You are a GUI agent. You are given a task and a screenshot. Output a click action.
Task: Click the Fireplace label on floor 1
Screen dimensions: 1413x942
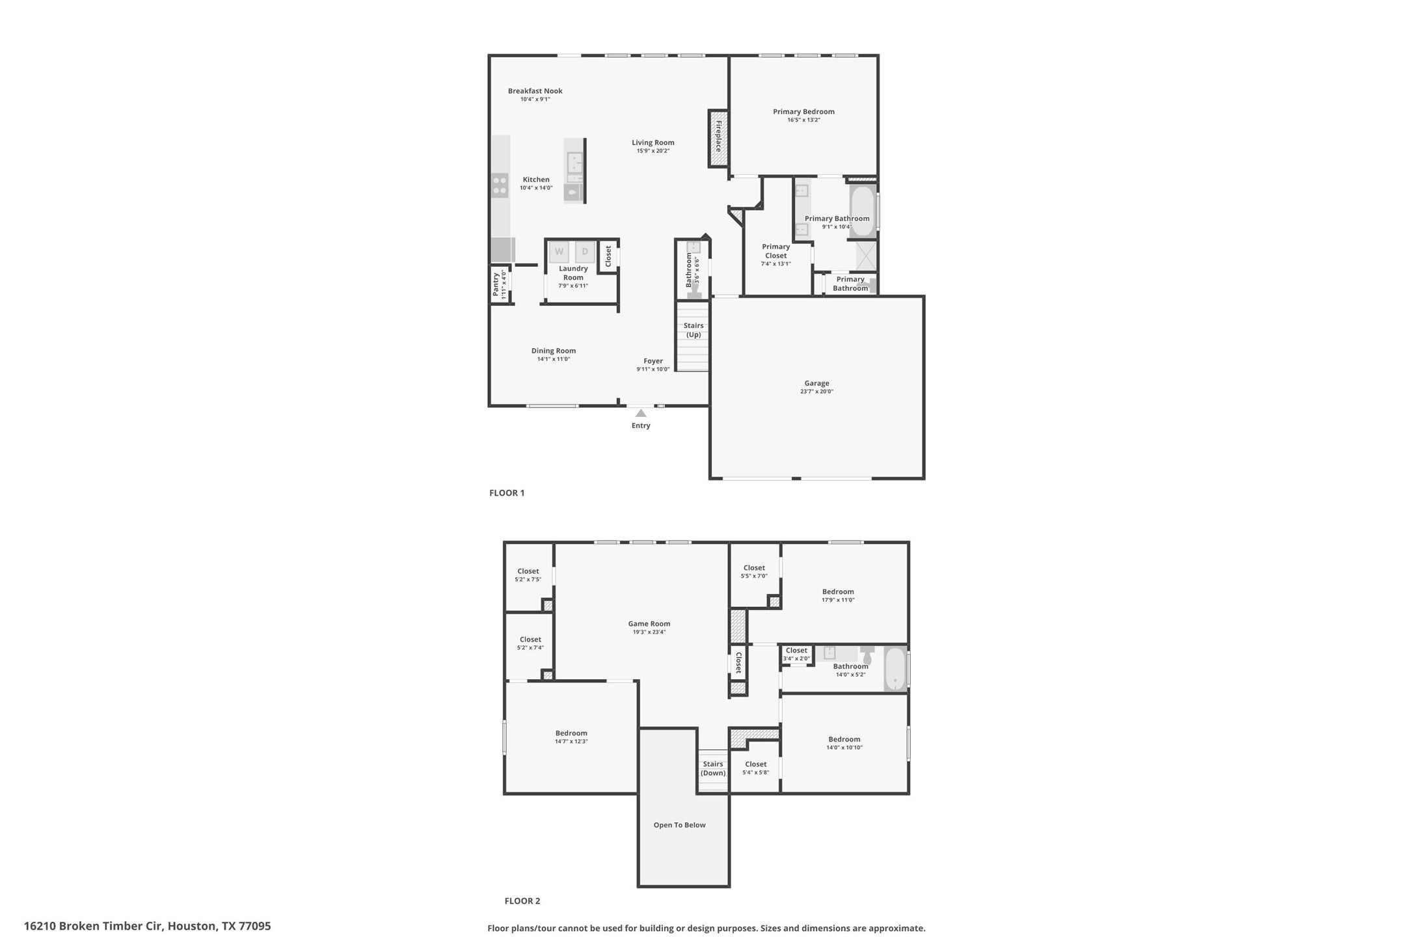click(719, 136)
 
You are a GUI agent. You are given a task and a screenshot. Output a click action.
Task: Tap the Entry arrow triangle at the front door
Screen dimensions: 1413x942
click(641, 413)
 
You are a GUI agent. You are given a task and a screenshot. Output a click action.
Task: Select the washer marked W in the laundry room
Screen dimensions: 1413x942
click(559, 252)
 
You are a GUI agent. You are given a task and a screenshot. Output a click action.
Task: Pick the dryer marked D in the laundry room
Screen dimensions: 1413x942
click(585, 252)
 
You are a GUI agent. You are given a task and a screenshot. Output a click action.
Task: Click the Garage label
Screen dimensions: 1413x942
click(816, 383)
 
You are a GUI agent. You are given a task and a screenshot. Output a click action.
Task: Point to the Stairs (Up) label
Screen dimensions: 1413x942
click(693, 330)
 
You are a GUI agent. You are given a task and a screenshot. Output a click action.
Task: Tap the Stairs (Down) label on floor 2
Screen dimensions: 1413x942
click(713, 768)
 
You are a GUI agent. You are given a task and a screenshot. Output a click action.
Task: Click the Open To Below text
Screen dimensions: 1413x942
click(680, 825)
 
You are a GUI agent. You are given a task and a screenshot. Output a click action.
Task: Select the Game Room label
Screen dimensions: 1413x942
click(649, 623)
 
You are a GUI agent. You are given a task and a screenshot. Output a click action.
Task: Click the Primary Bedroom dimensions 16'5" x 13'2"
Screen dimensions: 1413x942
click(803, 120)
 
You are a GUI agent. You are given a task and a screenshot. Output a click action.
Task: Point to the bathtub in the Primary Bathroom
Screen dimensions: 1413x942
click(862, 210)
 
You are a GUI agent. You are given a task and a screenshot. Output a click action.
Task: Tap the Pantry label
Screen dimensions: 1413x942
click(496, 284)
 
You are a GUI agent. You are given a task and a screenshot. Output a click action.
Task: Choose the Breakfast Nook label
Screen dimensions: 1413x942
click(535, 91)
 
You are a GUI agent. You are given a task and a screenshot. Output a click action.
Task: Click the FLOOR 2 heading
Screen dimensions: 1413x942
click(522, 901)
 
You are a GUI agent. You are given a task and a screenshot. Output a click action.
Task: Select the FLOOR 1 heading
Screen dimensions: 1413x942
click(507, 492)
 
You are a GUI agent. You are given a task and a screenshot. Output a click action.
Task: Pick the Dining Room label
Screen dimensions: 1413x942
click(554, 351)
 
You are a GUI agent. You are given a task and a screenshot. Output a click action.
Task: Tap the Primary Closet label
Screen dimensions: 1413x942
click(776, 251)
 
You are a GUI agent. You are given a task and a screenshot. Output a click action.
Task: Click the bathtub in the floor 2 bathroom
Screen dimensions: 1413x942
click(895, 669)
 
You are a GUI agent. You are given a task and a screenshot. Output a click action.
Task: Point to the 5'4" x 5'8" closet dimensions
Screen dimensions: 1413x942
click(756, 773)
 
